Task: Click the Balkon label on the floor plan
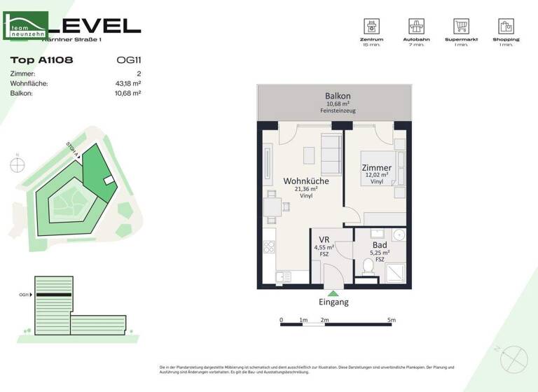point(337,96)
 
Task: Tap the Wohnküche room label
point(305,181)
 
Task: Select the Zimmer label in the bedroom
point(376,168)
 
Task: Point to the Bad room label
point(379,245)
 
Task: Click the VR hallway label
point(325,239)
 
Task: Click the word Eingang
point(333,302)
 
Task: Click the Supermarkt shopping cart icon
point(461,27)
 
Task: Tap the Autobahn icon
point(416,27)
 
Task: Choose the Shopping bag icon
point(506,27)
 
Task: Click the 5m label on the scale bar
point(392,320)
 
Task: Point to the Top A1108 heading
point(42,60)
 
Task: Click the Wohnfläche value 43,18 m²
point(127,83)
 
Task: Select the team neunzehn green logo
point(26,26)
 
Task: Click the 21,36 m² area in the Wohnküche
point(306,189)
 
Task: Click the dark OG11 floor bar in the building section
point(54,295)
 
